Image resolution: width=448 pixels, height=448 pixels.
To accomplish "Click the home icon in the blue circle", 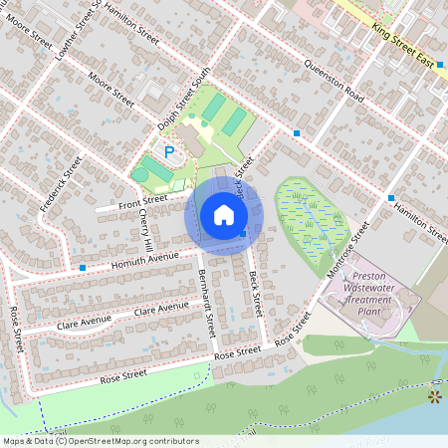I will [x=224, y=215].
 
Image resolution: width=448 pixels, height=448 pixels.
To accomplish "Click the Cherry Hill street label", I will [x=146, y=229].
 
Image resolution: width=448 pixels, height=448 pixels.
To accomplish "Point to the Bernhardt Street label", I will [x=206, y=303].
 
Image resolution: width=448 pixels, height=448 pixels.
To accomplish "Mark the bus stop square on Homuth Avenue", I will [x=82, y=268].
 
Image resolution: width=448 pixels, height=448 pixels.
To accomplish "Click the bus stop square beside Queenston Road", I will [x=297, y=132].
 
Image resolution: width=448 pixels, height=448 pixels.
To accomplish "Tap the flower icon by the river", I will [x=433, y=396].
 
